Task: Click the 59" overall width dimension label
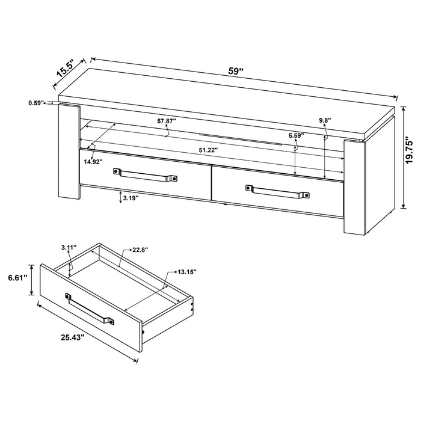click(236, 70)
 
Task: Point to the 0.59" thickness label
click(36, 103)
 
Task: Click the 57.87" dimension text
click(167, 121)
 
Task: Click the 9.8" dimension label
click(325, 120)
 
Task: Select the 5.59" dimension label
click(294, 135)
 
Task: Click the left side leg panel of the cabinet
click(69, 153)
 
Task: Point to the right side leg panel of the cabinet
click(355, 186)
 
